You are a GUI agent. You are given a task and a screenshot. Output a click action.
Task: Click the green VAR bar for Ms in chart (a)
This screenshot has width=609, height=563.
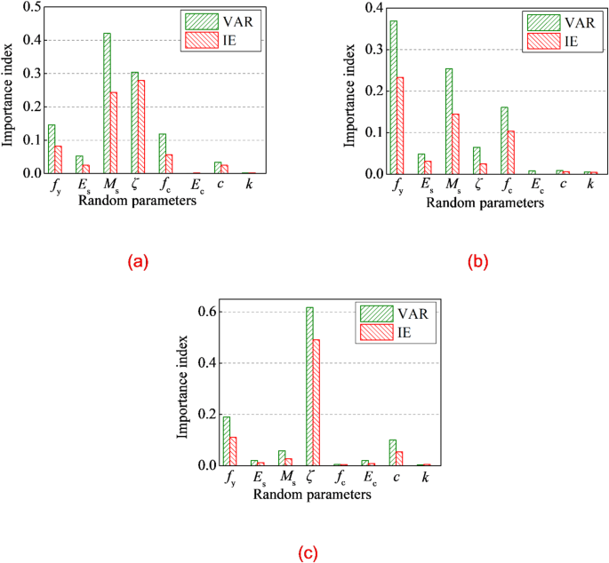107,103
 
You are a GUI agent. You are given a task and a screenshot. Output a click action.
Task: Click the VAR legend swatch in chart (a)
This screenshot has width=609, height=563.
196,20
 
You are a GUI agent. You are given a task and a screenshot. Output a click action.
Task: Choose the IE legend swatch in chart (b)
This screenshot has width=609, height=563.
539,41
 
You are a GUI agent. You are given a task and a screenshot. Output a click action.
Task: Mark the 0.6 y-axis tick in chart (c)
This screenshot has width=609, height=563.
206,313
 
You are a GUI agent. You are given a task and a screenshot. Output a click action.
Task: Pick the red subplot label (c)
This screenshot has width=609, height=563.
307,553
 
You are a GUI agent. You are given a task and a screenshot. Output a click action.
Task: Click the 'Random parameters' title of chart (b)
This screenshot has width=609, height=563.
485,202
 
